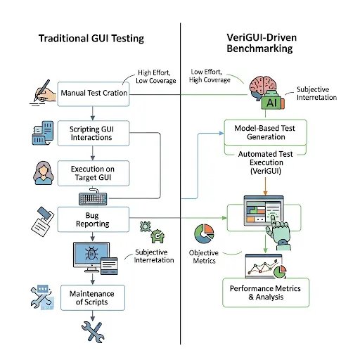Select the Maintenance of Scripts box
tap(92, 297)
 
